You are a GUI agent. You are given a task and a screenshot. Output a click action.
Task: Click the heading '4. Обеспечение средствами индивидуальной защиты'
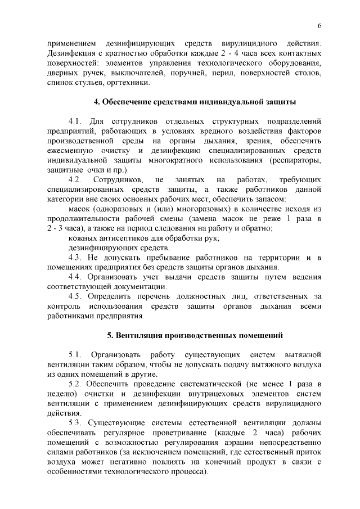(x=195, y=102)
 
